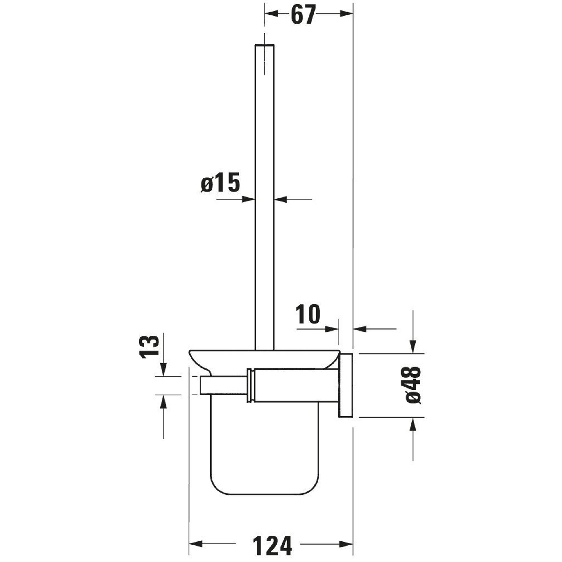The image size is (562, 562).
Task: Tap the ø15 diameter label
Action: click(x=221, y=183)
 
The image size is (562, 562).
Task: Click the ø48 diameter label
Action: click(x=413, y=385)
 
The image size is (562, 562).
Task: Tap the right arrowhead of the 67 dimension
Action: click(x=346, y=13)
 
